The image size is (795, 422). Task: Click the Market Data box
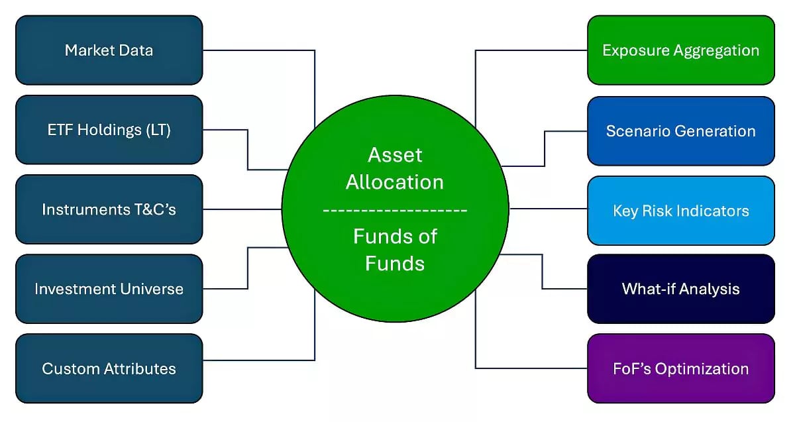point(109,50)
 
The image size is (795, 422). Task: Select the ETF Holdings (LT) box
point(109,130)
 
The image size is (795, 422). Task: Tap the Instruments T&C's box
point(109,209)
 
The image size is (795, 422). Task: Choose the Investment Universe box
point(109,289)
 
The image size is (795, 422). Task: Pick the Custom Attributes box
point(109,368)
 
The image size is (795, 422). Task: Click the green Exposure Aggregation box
point(680,50)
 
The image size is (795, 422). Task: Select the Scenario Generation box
point(680,131)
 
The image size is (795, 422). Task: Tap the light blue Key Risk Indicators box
point(680,211)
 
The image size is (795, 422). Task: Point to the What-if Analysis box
point(680,289)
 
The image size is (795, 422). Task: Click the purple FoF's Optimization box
point(680,368)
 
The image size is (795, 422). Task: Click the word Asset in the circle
point(395,155)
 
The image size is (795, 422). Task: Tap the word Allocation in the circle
point(395,182)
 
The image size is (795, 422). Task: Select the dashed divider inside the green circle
point(395,210)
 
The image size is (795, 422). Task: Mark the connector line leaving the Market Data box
point(258,50)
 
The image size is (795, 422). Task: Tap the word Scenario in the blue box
point(633,131)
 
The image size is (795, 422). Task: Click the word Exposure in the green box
point(632,50)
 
